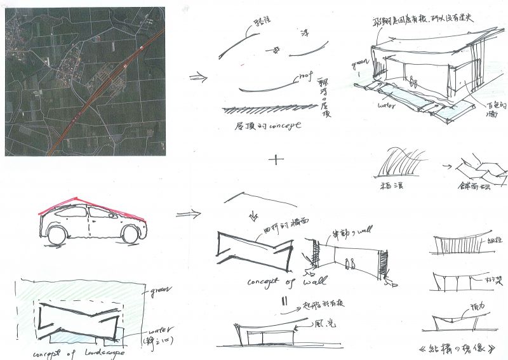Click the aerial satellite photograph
(x=85, y=81)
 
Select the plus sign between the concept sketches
(x=276, y=159)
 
